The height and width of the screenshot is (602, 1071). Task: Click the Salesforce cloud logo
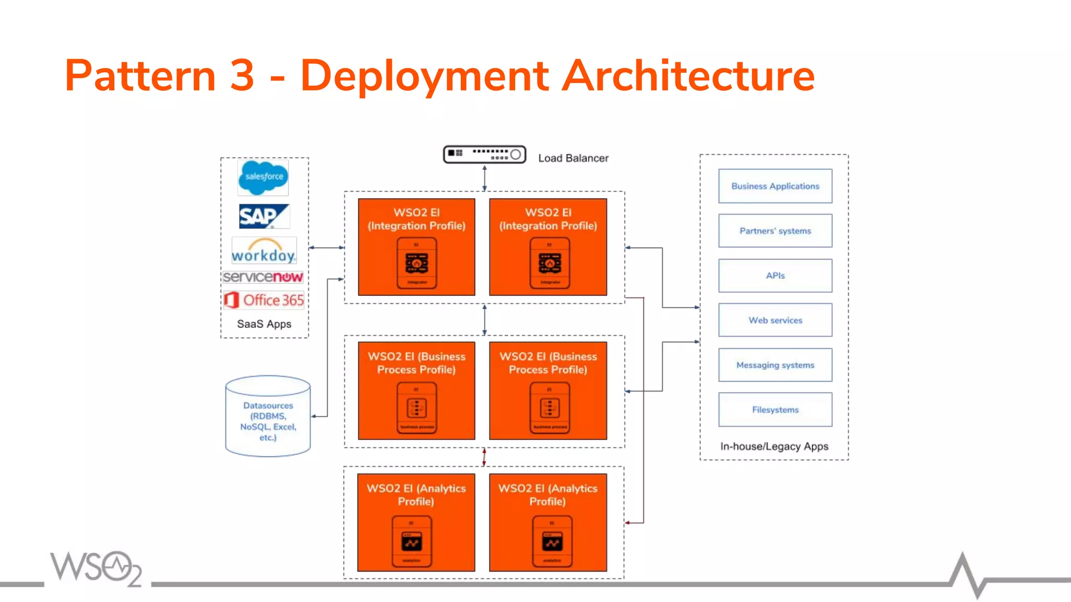click(x=263, y=178)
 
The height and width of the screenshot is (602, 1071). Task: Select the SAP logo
click(x=264, y=216)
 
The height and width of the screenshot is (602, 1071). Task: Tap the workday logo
click(x=264, y=251)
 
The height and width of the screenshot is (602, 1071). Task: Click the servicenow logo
click(x=263, y=277)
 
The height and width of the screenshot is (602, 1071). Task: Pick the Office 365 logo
click(x=264, y=300)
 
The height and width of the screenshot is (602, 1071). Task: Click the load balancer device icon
click(x=484, y=154)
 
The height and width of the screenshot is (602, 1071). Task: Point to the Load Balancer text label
click(x=573, y=158)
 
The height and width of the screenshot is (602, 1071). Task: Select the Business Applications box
click(x=775, y=186)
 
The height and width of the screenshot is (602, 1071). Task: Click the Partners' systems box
click(x=775, y=230)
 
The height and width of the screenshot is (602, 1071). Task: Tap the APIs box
click(x=775, y=275)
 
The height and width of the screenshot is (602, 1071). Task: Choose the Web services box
click(x=775, y=320)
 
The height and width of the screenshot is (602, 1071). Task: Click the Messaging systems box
click(x=775, y=365)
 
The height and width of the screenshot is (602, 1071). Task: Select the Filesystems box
click(x=775, y=410)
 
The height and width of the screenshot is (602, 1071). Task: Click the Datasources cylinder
click(x=268, y=416)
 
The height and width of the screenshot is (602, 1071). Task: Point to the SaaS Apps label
click(x=264, y=324)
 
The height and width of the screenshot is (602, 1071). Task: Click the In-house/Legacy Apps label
click(x=774, y=446)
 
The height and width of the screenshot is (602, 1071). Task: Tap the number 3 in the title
click(x=242, y=76)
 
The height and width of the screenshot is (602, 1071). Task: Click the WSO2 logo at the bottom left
click(x=96, y=568)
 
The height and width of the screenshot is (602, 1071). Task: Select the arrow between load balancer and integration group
click(x=485, y=178)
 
